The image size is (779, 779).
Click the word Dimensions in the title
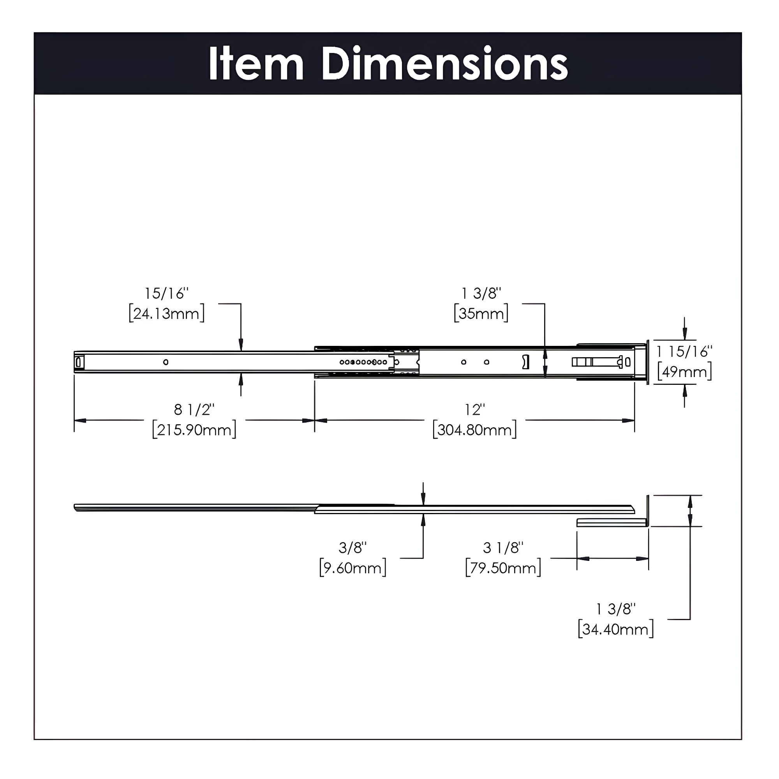pos(444,64)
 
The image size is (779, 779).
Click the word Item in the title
pos(256,64)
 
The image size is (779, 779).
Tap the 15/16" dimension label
pos(167,294)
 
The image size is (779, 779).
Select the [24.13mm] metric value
pos(167,314)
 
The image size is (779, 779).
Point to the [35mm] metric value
pos(481,314)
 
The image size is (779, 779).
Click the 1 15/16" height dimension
pos(684,352)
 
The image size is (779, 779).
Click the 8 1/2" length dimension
pos(194,410)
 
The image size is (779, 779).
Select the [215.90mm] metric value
pos(194,430)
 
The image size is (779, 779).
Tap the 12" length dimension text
pos(474,410)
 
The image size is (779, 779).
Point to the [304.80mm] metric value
pos(474,430)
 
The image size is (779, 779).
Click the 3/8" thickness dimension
pos(352,548)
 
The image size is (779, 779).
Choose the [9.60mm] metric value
pos(353,568)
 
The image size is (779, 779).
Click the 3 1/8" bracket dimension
pos(503,548)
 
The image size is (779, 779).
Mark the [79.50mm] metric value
pos(503,568)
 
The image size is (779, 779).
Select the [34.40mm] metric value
pos(615,629)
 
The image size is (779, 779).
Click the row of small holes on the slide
pos(363,362)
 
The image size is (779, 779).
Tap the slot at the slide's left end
pos(78,362)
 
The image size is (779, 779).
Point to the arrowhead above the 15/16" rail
pos(241,345)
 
